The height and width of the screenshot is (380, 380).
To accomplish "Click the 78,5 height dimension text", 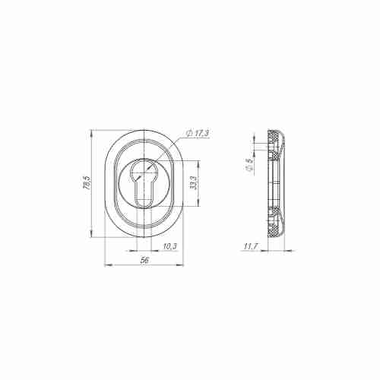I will click(x=87, y=184).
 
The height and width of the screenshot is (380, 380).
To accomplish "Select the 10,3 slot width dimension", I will click(x=169, y=245).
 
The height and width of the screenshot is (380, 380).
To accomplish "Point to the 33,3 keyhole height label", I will click(x=194, y=183).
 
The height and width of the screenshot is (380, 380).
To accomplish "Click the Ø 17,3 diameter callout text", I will click(x=199, y=134).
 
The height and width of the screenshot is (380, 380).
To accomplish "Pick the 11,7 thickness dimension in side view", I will click(x=250, y=246).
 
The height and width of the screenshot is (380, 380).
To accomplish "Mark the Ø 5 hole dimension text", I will click(x=249, y=164).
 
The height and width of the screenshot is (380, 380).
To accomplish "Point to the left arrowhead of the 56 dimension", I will click(x=105, y=264).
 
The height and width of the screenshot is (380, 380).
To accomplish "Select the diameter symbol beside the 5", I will click(x=249, y=170).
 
